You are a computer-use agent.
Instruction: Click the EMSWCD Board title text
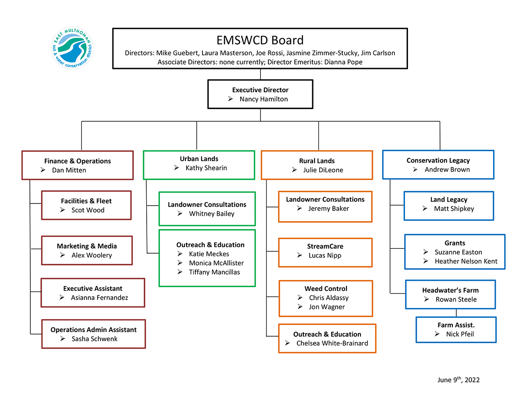260,40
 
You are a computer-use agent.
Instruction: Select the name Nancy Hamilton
263,99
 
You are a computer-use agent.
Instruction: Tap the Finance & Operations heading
77,161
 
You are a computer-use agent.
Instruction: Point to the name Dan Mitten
69,170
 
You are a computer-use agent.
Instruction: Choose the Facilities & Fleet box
86,205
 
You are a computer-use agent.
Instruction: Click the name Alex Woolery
92,255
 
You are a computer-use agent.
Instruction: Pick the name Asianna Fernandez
100,298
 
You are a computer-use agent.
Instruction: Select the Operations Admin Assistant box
93,334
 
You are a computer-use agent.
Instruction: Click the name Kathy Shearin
206,168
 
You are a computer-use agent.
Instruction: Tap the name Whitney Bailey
212,214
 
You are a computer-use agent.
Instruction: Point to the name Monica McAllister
216,263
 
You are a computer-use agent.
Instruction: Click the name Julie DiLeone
323,170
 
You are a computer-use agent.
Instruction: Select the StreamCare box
325,252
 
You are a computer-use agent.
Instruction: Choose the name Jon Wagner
327,307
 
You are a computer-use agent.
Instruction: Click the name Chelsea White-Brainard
332,343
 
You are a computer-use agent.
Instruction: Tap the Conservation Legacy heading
438,160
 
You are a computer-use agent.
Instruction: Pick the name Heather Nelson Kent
466,261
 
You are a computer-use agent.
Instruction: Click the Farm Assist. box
456,330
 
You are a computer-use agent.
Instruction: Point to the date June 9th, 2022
458,380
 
